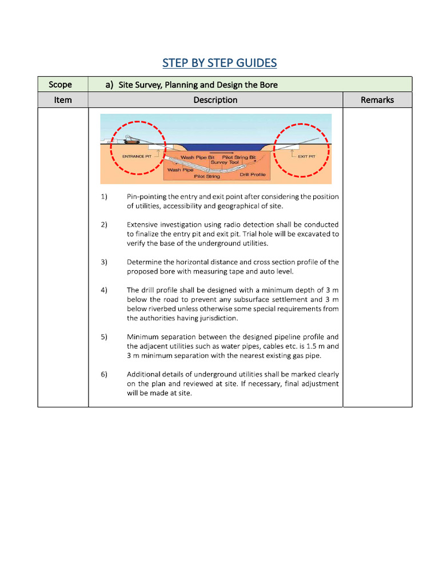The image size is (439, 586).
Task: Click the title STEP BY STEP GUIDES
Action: (219, 62)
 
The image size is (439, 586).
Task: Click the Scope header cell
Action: (60, 85)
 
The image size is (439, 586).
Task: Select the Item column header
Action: (63, 100)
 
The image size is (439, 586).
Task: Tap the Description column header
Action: (215, 100)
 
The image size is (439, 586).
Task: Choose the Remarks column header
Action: (377, 100)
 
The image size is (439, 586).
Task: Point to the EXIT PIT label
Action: (306, 155)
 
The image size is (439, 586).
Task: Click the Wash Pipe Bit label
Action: (197, 157)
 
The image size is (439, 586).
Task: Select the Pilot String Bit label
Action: (239, 157)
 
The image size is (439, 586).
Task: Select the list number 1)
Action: (104, 197)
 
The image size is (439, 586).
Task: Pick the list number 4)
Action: (104, 290)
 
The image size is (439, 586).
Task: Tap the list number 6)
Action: (104, 374)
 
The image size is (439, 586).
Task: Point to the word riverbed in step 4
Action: (158, 309)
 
